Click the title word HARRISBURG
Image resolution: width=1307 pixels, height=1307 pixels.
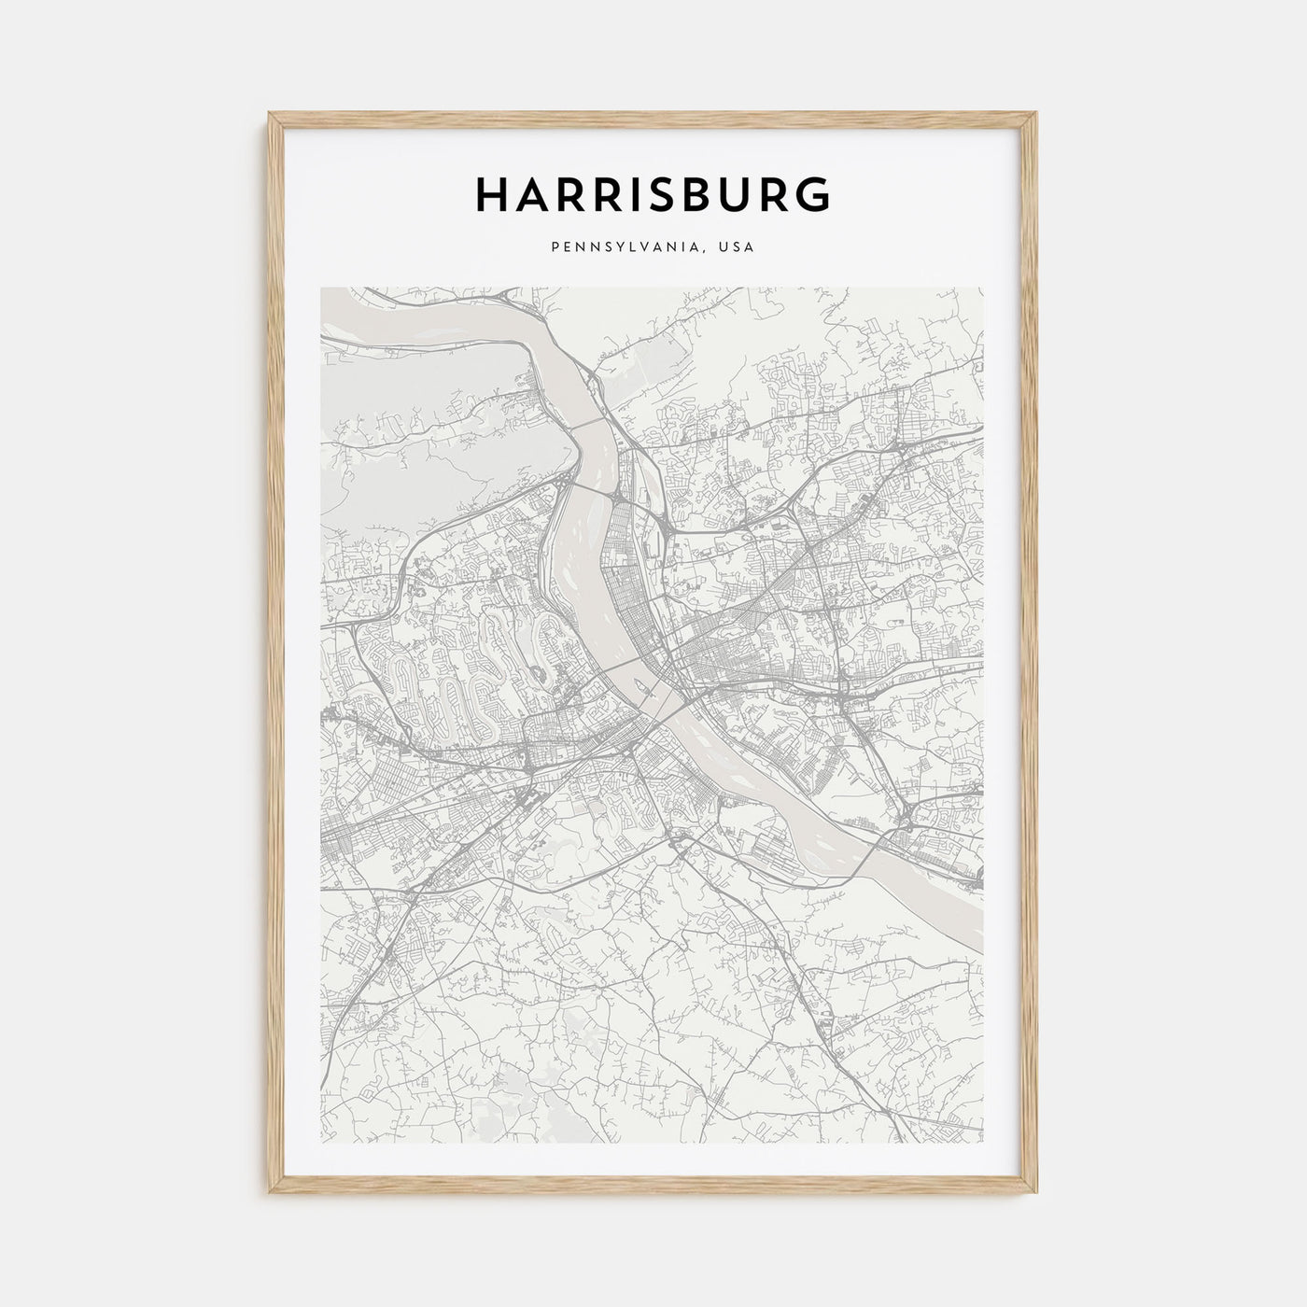[x=653, y=193]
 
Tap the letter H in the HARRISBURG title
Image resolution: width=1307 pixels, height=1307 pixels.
[x=493, y=193]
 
